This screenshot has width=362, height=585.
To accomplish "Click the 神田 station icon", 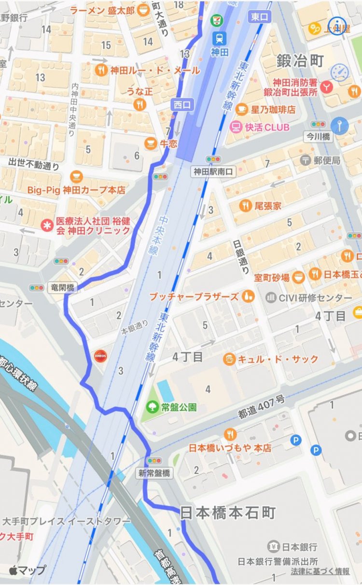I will pyautogui.click(x=220, y=37).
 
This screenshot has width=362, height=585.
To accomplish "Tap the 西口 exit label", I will pyautogui.click(x=182, y=104).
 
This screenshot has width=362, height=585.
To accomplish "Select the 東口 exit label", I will pyautogui.click(x=260, y=17).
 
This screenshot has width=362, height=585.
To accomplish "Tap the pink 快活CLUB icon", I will pyautogui.click(x=236, y=127).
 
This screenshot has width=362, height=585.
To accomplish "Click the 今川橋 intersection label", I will pyautogui.click(x=319, y=137).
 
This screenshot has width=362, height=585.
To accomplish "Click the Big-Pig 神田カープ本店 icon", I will pyautogui.click(x=76, y=177).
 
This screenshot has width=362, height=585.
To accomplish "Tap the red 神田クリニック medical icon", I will pyautogui.click(x=47, y=225).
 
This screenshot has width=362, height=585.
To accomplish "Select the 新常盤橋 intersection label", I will pyautogui.click(x=153, y=473).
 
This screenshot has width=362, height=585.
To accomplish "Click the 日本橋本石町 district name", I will pyautogui.click(x=228, y=513).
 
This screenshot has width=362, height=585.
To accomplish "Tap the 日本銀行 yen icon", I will pyautogui.click(x=274, y=547).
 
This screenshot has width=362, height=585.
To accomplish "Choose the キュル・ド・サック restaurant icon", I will pyautogui.click(x=229, y=359).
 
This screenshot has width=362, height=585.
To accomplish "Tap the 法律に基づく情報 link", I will pyautogui.click(x=320, y=571).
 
